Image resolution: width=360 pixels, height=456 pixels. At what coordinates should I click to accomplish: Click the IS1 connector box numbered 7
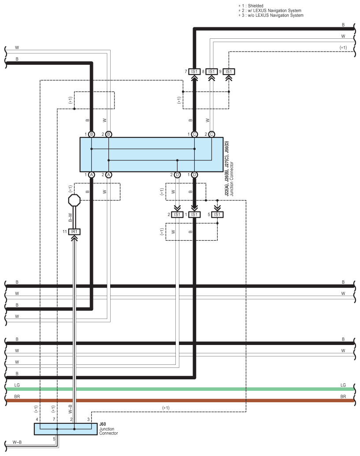click(194, 71)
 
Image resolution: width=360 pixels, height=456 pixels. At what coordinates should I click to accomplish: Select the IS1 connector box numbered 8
click(212, 71)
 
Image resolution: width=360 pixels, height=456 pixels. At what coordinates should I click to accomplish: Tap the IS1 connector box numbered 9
click(229, 71)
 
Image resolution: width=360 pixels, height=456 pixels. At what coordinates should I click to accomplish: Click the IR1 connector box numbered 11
click(74, 231)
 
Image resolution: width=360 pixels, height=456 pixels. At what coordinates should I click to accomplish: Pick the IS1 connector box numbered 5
click(217, 215)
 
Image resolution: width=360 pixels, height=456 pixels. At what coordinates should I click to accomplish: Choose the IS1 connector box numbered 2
click(177, 215)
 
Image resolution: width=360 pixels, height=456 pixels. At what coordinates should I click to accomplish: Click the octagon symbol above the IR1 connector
click(74, 200)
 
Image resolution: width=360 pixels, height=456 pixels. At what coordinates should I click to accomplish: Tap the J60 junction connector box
click(66, 429)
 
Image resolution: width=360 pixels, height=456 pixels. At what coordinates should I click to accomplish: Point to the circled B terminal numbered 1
click(92, 134)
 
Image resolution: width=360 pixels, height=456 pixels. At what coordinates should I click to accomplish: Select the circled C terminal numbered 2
click(212, 134)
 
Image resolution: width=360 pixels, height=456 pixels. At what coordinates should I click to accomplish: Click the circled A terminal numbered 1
click(92, 175)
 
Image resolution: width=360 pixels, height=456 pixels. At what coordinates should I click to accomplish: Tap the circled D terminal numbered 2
click(177, 175)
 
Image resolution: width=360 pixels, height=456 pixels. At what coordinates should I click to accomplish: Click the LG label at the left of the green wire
click(17, 385)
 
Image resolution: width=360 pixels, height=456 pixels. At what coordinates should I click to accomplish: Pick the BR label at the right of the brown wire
click(343, 397)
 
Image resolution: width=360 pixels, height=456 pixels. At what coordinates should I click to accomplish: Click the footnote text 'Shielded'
click(255, 6)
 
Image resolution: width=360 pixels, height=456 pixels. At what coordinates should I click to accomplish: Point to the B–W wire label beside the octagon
click(70, 217)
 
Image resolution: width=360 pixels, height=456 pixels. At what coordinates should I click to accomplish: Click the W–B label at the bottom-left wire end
click(17, 441)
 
